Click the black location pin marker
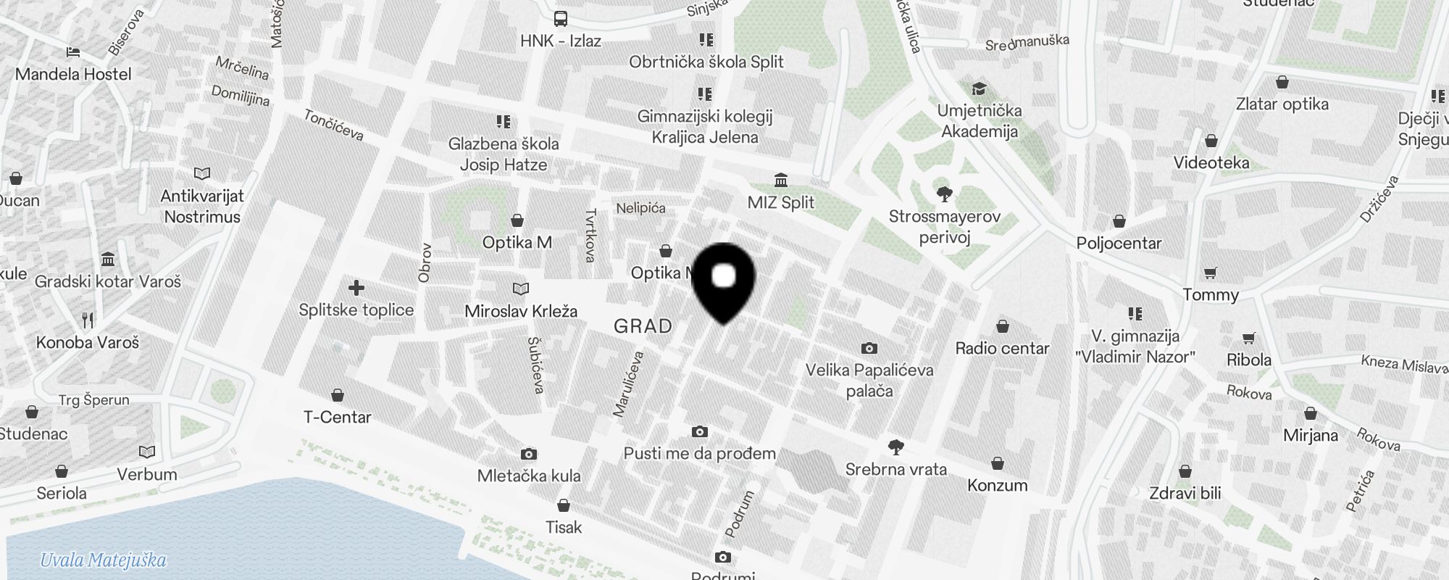point(724,280)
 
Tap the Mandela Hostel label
point(73,74)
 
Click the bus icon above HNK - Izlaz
point(561,19)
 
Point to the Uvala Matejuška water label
point(103,560)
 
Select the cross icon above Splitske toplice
point(356,288)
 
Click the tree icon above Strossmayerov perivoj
point(944,194)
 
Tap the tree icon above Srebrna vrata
point(895,447)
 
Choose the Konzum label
point(997,485)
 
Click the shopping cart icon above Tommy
point(1210,273)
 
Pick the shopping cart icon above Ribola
point(1248,338)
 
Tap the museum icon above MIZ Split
point(781,180)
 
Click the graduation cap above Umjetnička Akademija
point(979,88)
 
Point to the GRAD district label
point(643,326)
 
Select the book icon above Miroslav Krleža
point(520,289)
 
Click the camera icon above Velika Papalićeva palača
point(869,348)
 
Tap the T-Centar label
point(337,417)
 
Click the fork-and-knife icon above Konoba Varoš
point(88,320)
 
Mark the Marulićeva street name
point(628,384)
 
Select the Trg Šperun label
point(93,399)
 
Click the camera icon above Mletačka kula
point(529,454)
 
